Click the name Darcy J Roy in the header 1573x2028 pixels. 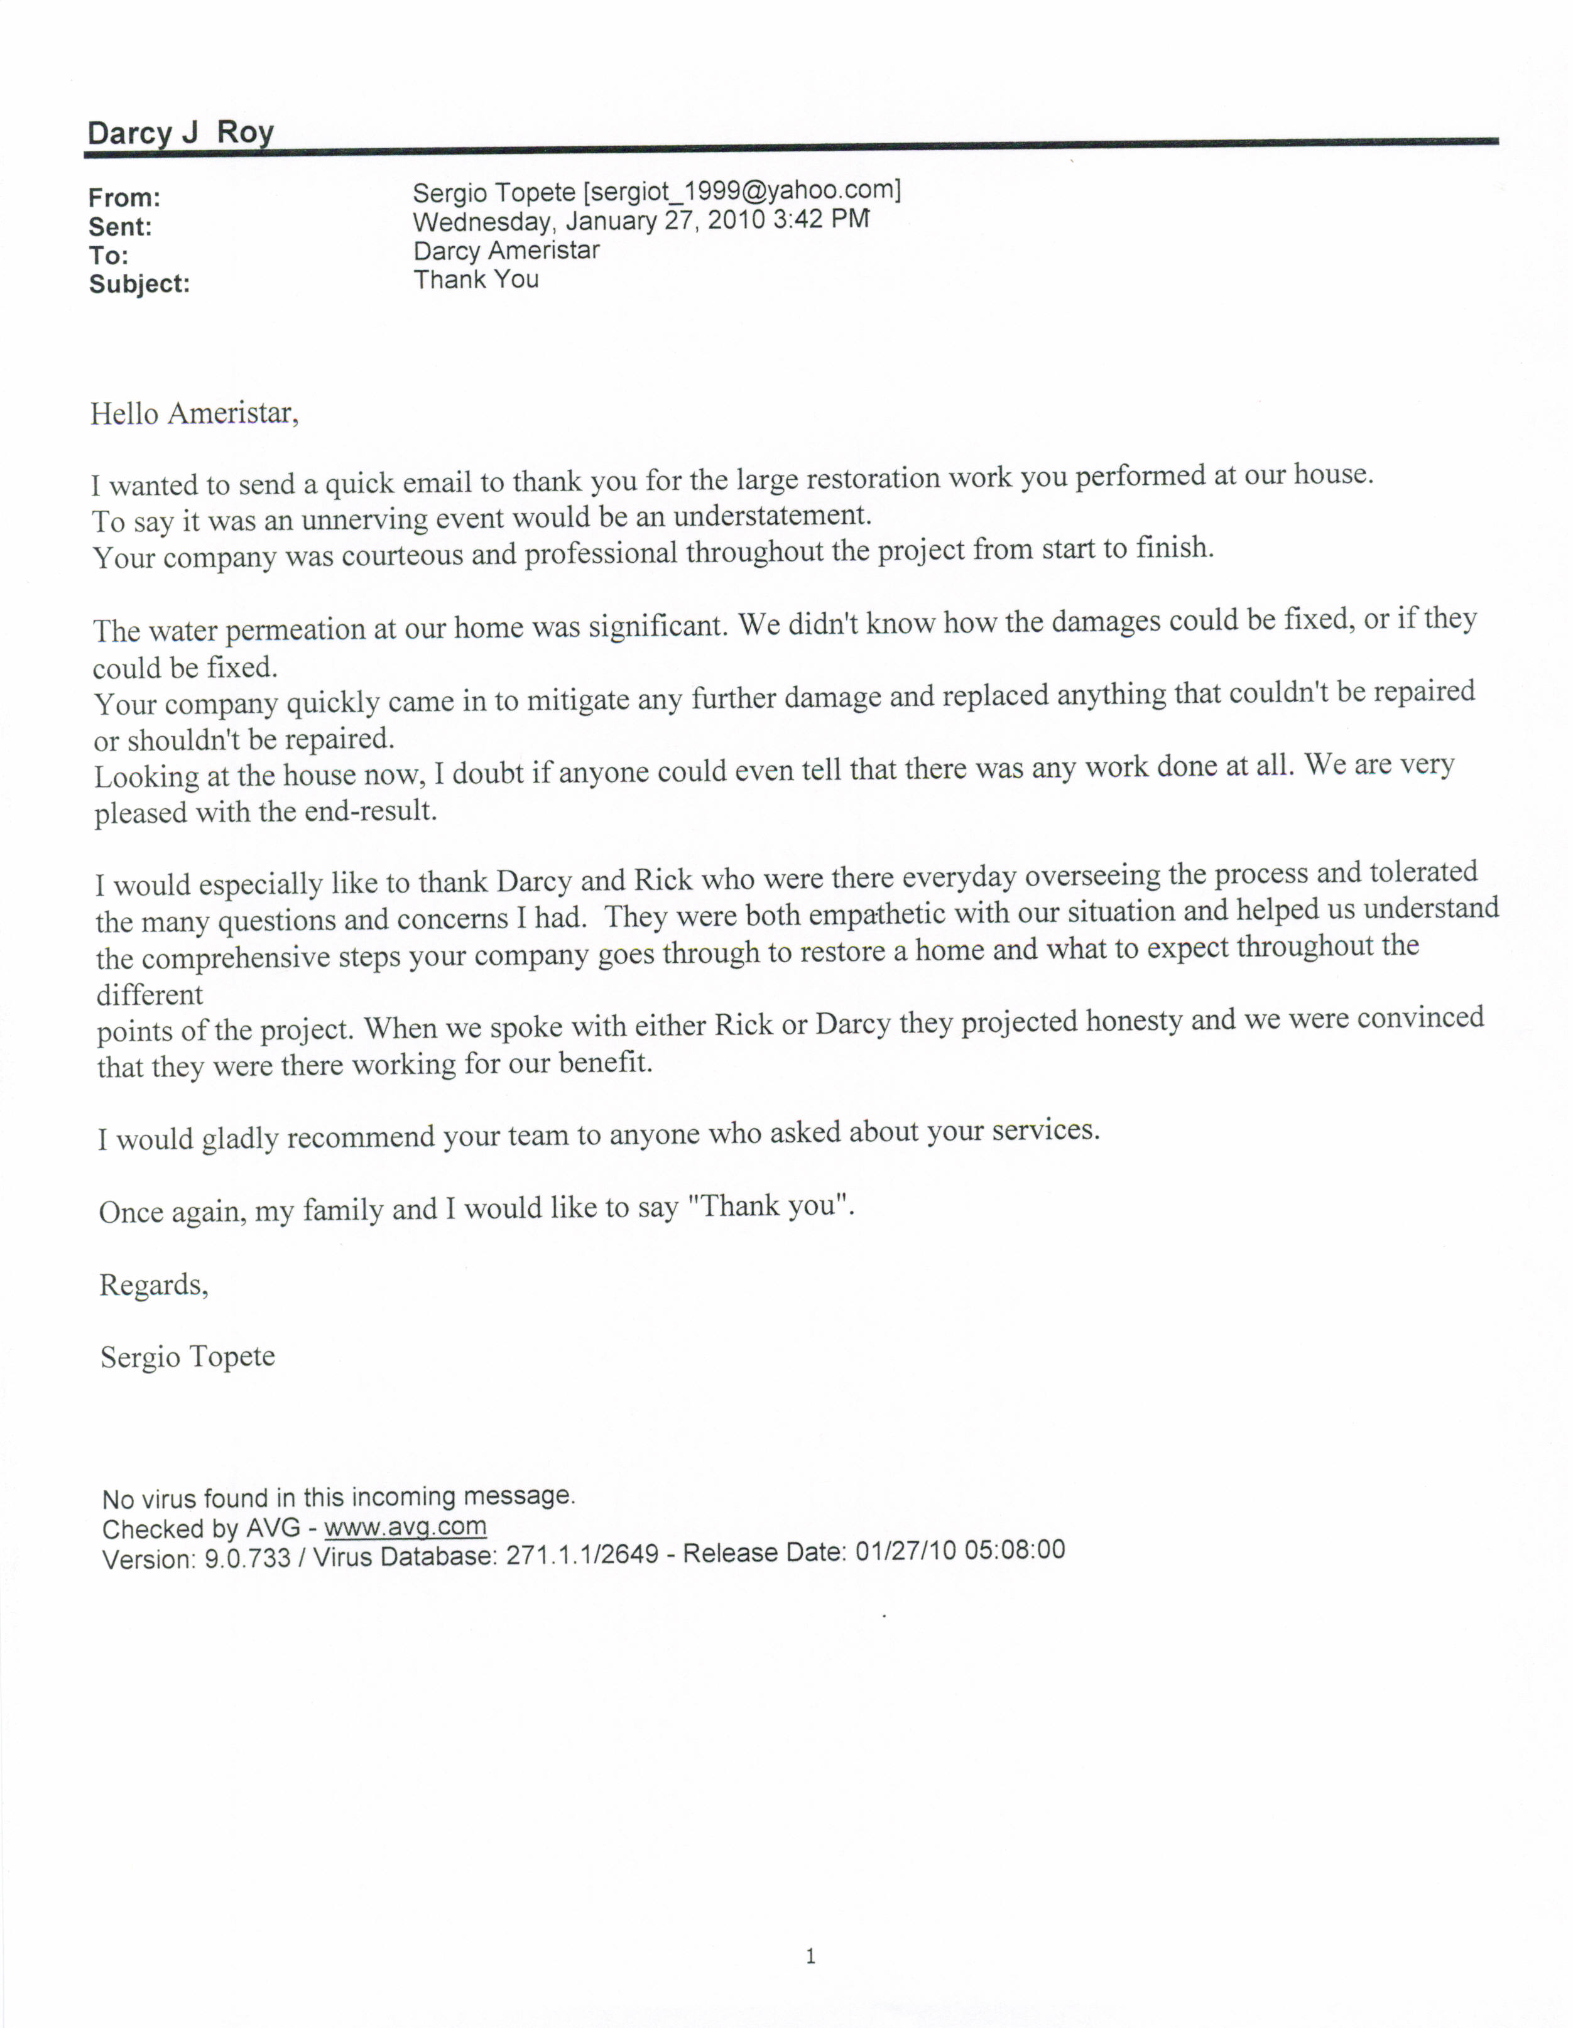point(180,133)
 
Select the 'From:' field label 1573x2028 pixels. point(124,198)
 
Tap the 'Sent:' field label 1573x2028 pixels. point(120,227)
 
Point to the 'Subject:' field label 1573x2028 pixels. point(139,284)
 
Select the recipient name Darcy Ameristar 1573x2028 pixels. point(506,251)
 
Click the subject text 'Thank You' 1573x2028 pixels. point(476,279)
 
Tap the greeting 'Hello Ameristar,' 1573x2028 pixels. point(194,413)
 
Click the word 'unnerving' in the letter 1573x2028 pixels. point(357,518)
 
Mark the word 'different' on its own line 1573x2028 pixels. point(150,994)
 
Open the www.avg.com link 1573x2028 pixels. point(405,1527)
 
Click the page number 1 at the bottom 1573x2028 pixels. point(810,1956)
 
